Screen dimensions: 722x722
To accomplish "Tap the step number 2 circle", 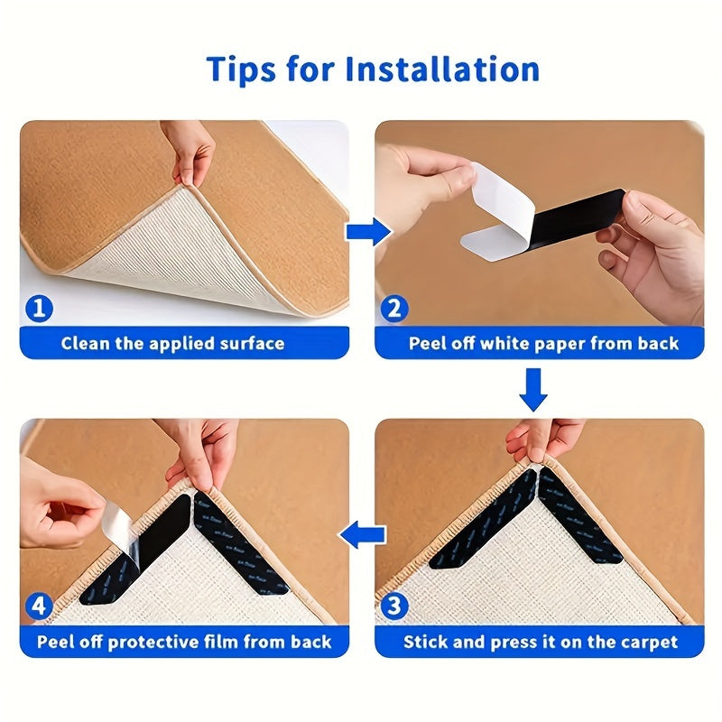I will pyautogui.click(x=393, y=309).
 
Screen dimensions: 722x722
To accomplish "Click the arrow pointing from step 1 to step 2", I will pyautogui.click(x=367, y=232).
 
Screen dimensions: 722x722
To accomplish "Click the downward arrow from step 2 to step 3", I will pyautogui.click(x=534, y=391).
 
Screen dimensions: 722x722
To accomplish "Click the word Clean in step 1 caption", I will pyautogui.click(x=85, y=343).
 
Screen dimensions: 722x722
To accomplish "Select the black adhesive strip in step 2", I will pyautogui.click(x=578, y=217).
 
